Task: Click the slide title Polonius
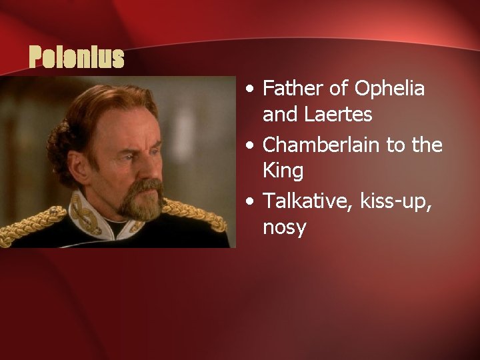(x=77, y=59)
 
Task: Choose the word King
(x=283, y=171)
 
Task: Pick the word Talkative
(x=303, y=200)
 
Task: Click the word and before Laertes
(x=282, y=115)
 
